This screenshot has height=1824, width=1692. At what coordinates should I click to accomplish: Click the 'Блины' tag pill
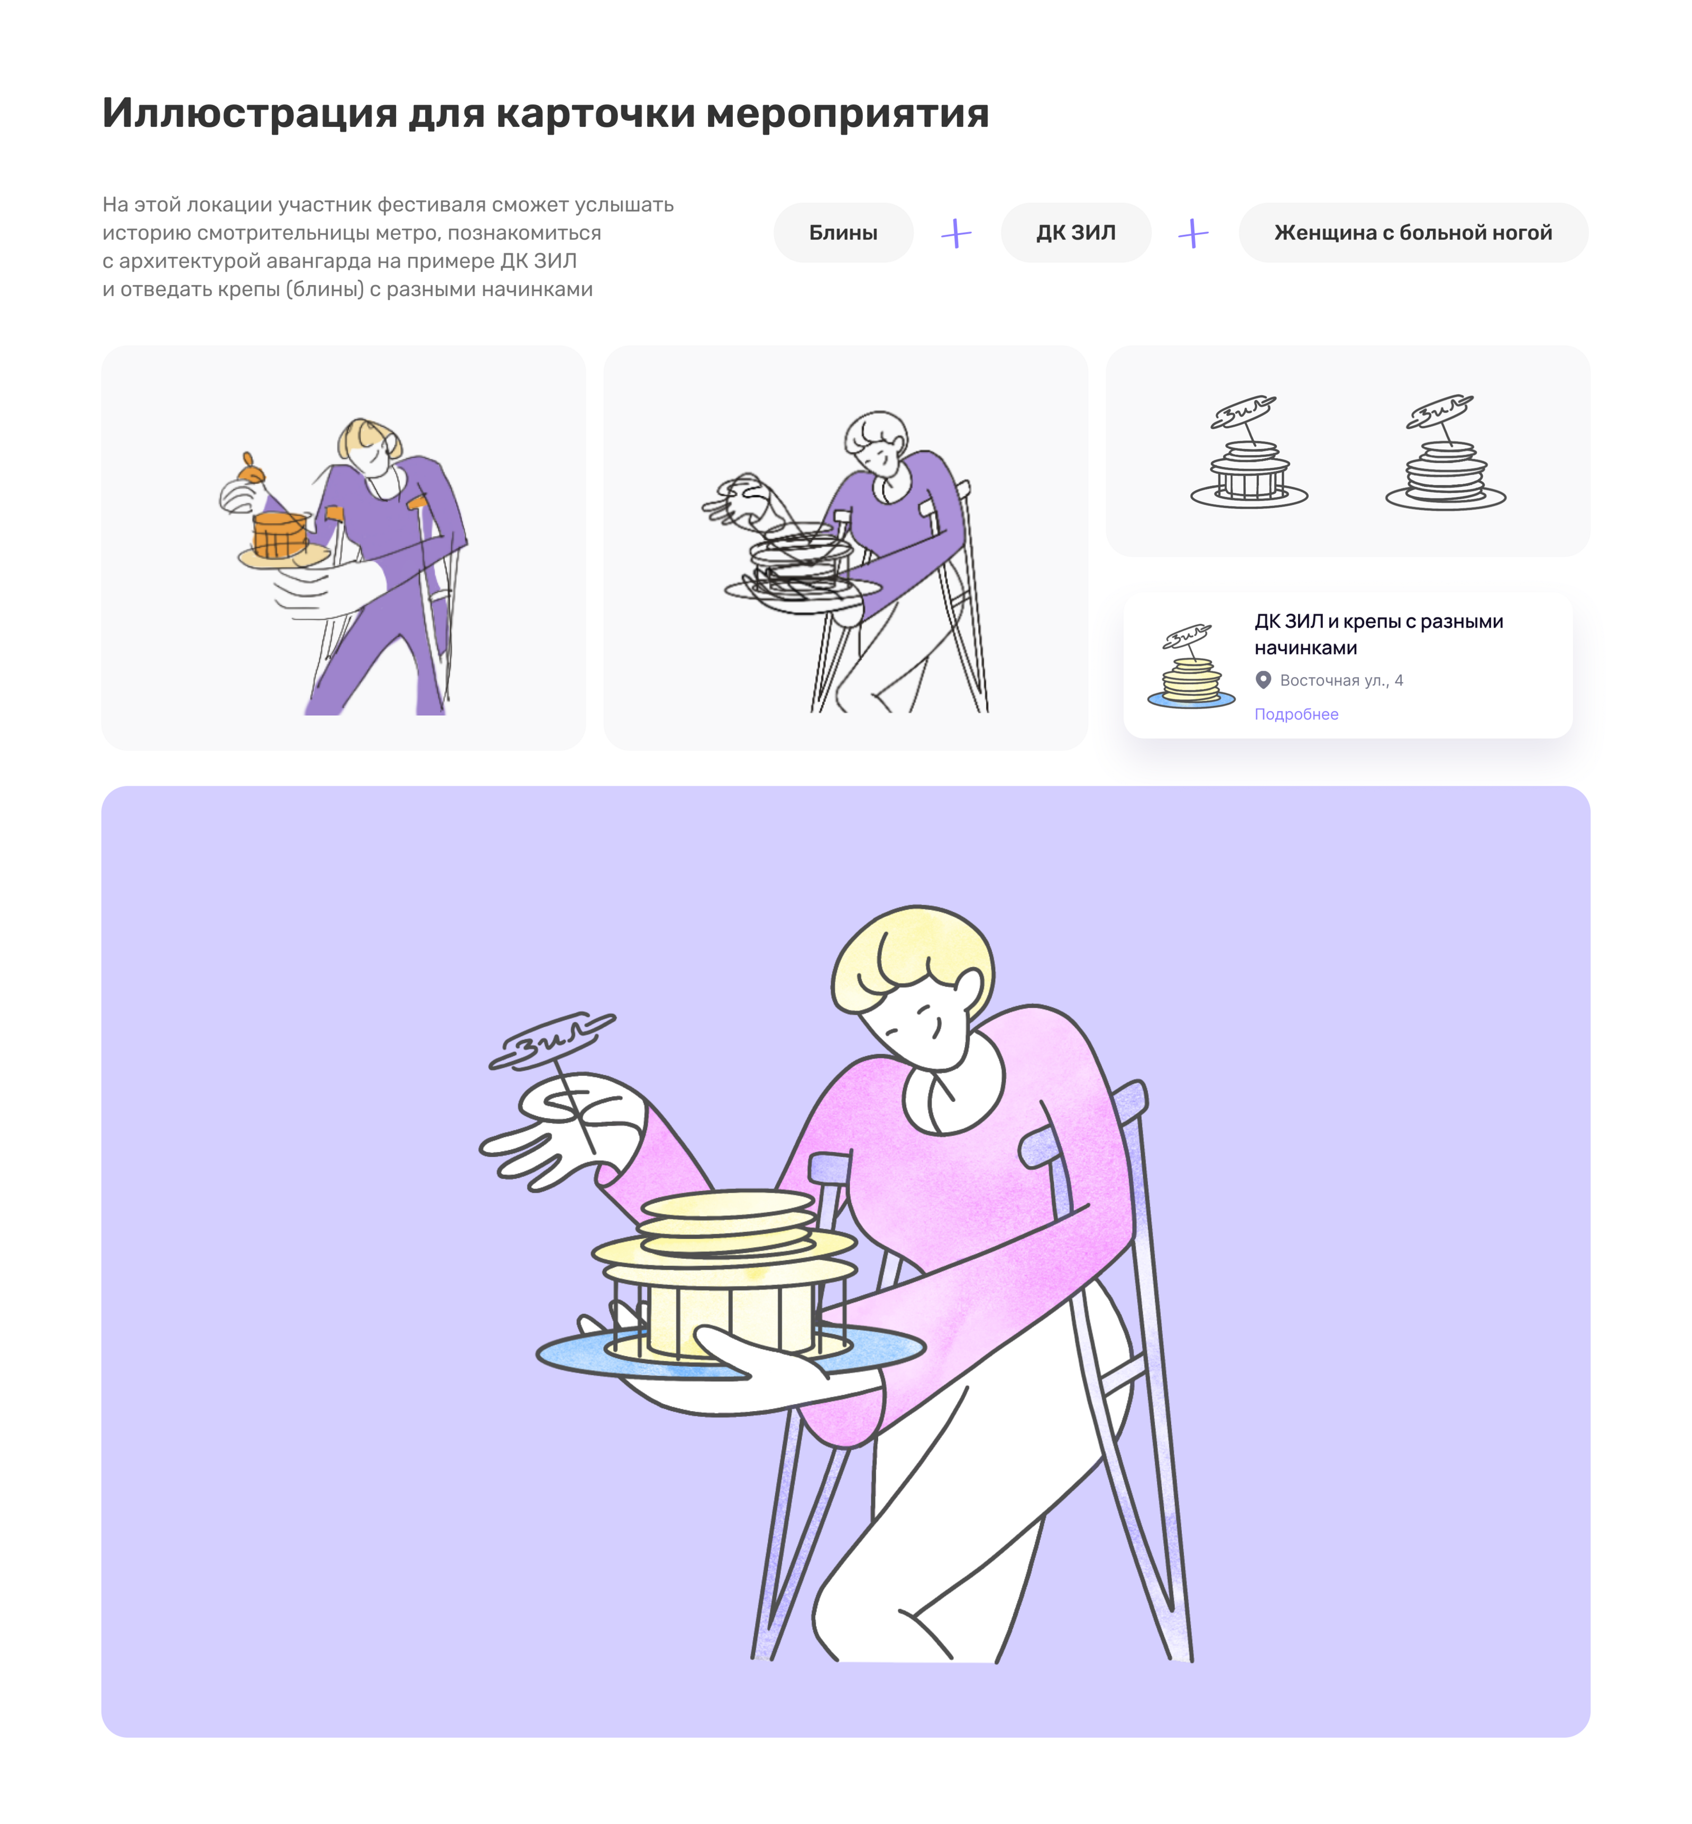click(843, 233)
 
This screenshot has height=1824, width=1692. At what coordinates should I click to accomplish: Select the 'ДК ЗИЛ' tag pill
click(1076, 233)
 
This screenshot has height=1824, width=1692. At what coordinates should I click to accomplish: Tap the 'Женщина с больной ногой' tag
click(1413, 233)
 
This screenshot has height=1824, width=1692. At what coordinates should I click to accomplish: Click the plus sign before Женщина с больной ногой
click(1193, 234)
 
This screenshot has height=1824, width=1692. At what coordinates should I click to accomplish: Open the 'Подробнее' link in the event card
click(1295, 714)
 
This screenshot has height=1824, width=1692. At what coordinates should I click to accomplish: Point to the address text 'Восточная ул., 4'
click(1341, 680)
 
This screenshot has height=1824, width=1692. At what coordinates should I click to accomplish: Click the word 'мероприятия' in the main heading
click(847, 114)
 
